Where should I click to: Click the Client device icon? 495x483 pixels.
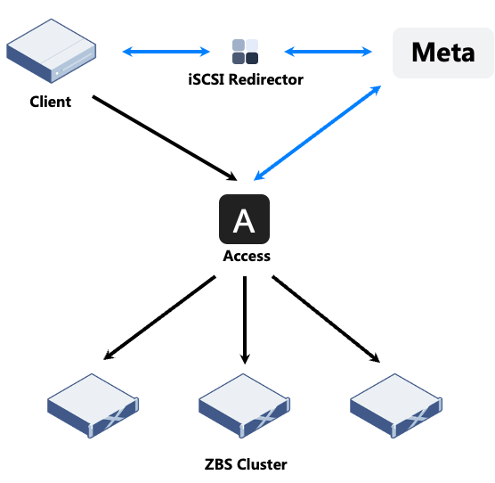coord(51,51)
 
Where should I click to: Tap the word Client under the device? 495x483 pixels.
coord(51,102)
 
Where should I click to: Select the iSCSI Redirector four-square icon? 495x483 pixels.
coord(246,52)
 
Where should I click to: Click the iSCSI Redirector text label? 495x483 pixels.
coord(246,79)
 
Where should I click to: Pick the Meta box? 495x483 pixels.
coord(442,53)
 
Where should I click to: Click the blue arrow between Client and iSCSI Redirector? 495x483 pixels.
coord(166,52)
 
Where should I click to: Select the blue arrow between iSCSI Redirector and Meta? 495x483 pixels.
coord(329,52)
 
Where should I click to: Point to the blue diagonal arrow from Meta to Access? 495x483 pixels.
coord(318,133)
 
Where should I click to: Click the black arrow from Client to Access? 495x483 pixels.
coord(165,138)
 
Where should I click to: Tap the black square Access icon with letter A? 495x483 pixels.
coord(244,219)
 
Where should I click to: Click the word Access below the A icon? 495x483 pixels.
coord(247,256)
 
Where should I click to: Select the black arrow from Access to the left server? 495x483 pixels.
coord(159,318)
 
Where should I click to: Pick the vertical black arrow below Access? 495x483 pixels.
coord(245,320)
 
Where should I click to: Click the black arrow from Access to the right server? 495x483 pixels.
coord(326,319)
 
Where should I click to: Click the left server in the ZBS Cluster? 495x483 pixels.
coord(93,405)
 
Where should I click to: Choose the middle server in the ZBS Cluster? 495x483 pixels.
coord(244,405)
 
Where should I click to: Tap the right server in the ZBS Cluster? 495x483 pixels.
coord(396,405)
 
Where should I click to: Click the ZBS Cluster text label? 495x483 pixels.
coord(246,464)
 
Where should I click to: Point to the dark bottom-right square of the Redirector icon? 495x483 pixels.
coord(252,58)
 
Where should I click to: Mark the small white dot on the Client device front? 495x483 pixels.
coord(57,74)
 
